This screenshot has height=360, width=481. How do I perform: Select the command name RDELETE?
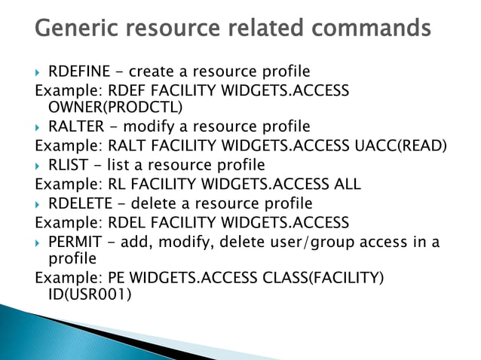(x=78, y=203)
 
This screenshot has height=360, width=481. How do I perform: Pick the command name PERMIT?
(x=72, y=241)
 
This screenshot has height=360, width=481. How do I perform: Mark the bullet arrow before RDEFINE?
(x=39, y=73)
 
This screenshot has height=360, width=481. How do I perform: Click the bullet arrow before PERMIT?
(x=39, y=242)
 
